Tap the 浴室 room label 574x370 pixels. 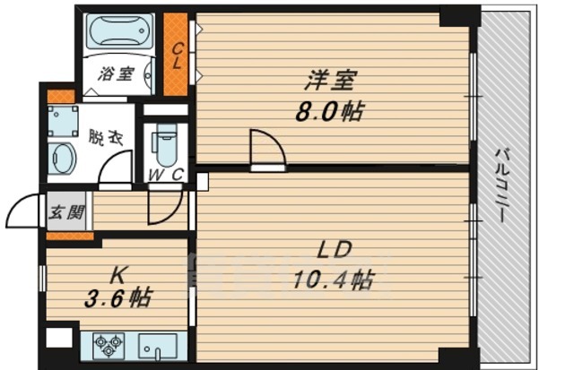coord(116,74)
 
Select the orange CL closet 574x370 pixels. coord(176,54)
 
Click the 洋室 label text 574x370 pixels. coord(330,81)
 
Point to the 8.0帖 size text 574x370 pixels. coord(329,111)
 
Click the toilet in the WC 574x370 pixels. coord(166,145)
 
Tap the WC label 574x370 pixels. coord(166,175)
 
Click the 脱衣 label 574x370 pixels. coord(106,137)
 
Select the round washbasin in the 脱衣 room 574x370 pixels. coord(63,159)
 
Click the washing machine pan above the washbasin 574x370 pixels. coord(63,121)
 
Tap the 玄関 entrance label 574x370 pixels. coord(66,212)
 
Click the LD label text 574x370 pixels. coord(335,250)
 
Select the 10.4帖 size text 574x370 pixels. coord(333,280)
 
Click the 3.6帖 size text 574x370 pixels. coord(117,298)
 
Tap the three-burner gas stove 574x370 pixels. coord(109,346)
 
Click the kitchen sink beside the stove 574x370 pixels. coord(158,346)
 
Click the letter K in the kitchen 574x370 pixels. coord(117,276)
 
